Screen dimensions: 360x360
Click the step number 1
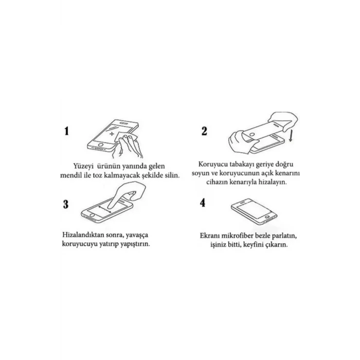(66, 131)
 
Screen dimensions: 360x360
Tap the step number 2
(204, 131)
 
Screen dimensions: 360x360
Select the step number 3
(66, 204)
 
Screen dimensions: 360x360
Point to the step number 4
(203, 203)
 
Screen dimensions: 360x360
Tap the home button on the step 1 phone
(100, 145)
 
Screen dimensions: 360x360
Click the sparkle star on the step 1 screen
(112, 134)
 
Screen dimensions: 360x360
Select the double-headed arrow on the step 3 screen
(105, 209)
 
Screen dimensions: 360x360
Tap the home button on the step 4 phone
(267, 217)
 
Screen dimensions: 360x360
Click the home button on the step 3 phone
(92, 215)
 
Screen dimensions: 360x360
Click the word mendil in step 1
(69, 175)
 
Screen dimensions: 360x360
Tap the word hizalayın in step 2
(273, 182)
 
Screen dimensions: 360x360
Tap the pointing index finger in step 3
(116, 196)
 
